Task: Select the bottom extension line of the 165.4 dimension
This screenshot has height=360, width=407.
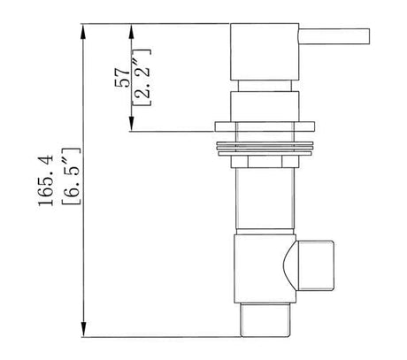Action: (x=159, y=336)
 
